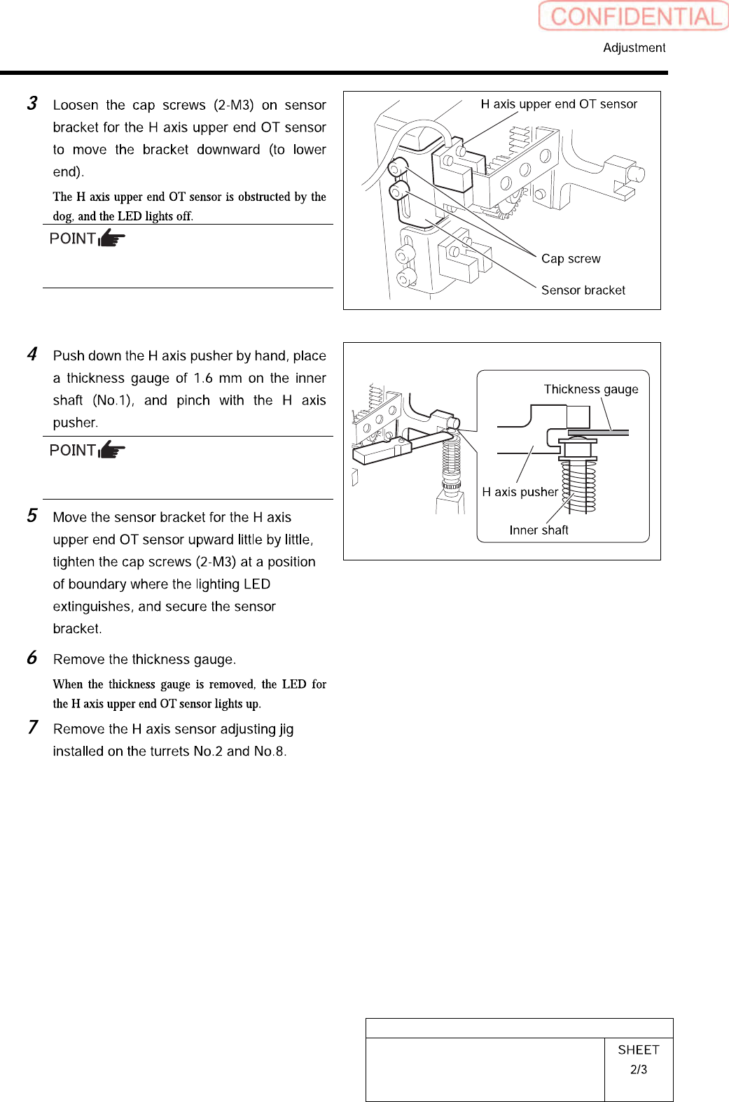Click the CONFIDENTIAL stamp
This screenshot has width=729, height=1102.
point(634,16)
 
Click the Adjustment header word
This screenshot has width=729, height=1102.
point(634,48)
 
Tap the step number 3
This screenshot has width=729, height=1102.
point(32,104)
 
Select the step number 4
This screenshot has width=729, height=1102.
point(32,354)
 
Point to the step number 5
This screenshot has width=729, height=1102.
point(32,516)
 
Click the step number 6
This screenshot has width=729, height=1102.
point(32,658)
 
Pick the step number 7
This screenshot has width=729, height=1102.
point(32,728)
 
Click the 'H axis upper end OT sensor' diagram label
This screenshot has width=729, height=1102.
point(559,104)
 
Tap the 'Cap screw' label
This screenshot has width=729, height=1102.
point(571,259)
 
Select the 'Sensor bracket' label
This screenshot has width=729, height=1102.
point(583,290)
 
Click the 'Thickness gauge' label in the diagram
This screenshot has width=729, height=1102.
point(591,389)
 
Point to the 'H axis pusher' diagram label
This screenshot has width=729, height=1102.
point(520,492)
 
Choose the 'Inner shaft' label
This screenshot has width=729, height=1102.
point(539,530)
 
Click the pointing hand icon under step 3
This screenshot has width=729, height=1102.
point(112,239)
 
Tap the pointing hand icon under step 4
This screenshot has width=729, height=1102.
point(112,450)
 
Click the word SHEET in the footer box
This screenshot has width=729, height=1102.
point(639,1050)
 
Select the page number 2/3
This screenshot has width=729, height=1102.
point(639,1070)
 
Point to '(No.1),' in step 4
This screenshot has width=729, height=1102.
point(113,400)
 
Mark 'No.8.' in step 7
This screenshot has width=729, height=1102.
point(270,751)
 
